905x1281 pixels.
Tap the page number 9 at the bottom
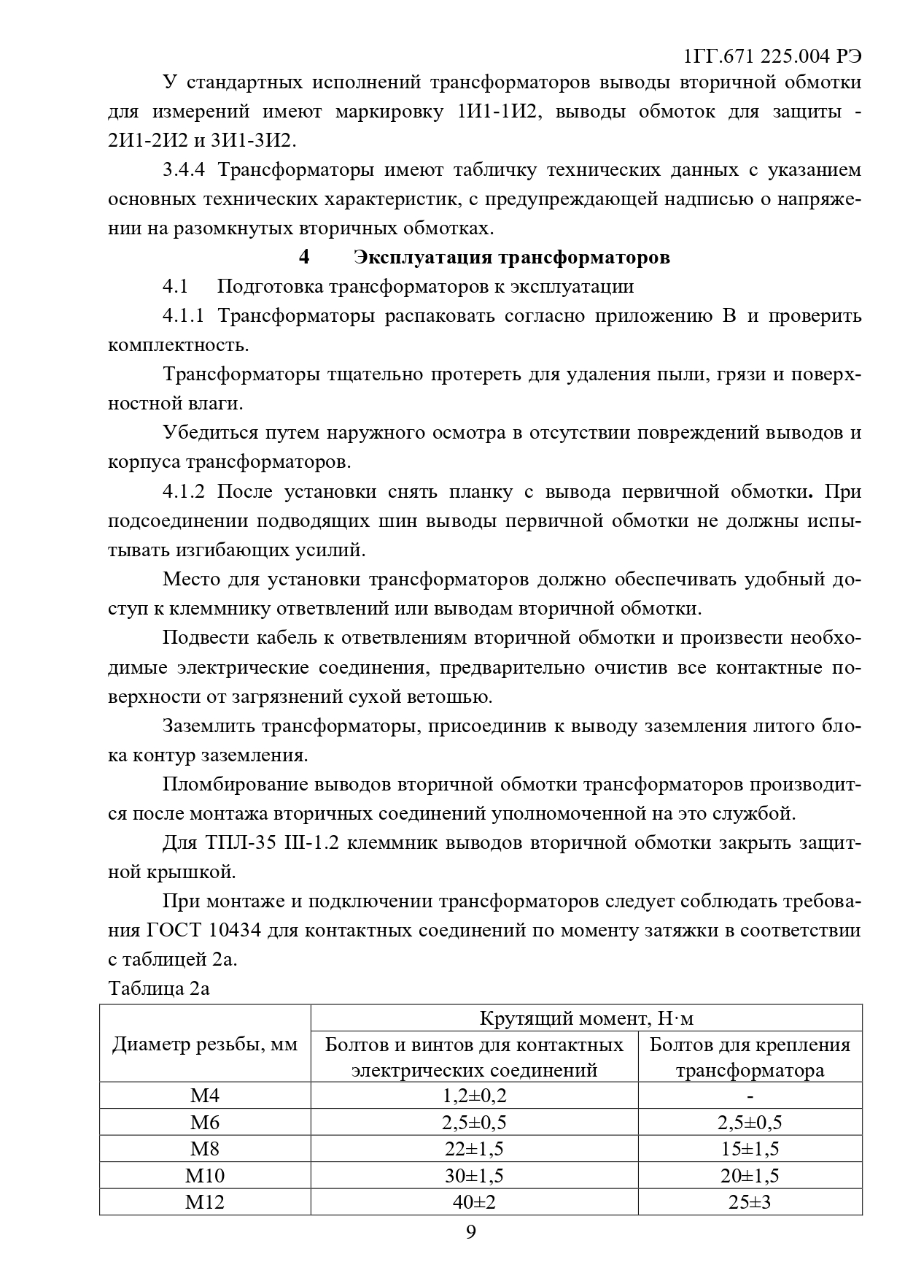(470, 1231)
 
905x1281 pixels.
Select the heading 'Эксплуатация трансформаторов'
(511, 258)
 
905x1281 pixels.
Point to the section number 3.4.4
(185, 171)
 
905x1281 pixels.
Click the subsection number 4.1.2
(185, 492)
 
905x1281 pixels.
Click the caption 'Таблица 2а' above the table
(159, 988)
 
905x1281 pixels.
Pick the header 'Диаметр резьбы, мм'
(205, 1045)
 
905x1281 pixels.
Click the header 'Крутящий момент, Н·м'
(586, 1018)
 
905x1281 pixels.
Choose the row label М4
(205, 1096)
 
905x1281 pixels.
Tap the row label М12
(205, 1201)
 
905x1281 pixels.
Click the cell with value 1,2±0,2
(474, 1096)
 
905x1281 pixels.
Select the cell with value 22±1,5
(474, 1149)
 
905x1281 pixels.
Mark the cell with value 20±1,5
(750, 1175)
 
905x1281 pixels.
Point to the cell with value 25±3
(750, 1201)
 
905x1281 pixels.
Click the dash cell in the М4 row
(750, 1096)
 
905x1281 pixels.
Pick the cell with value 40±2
(474, 1201)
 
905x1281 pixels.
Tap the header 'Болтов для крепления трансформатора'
(750, 1058)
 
